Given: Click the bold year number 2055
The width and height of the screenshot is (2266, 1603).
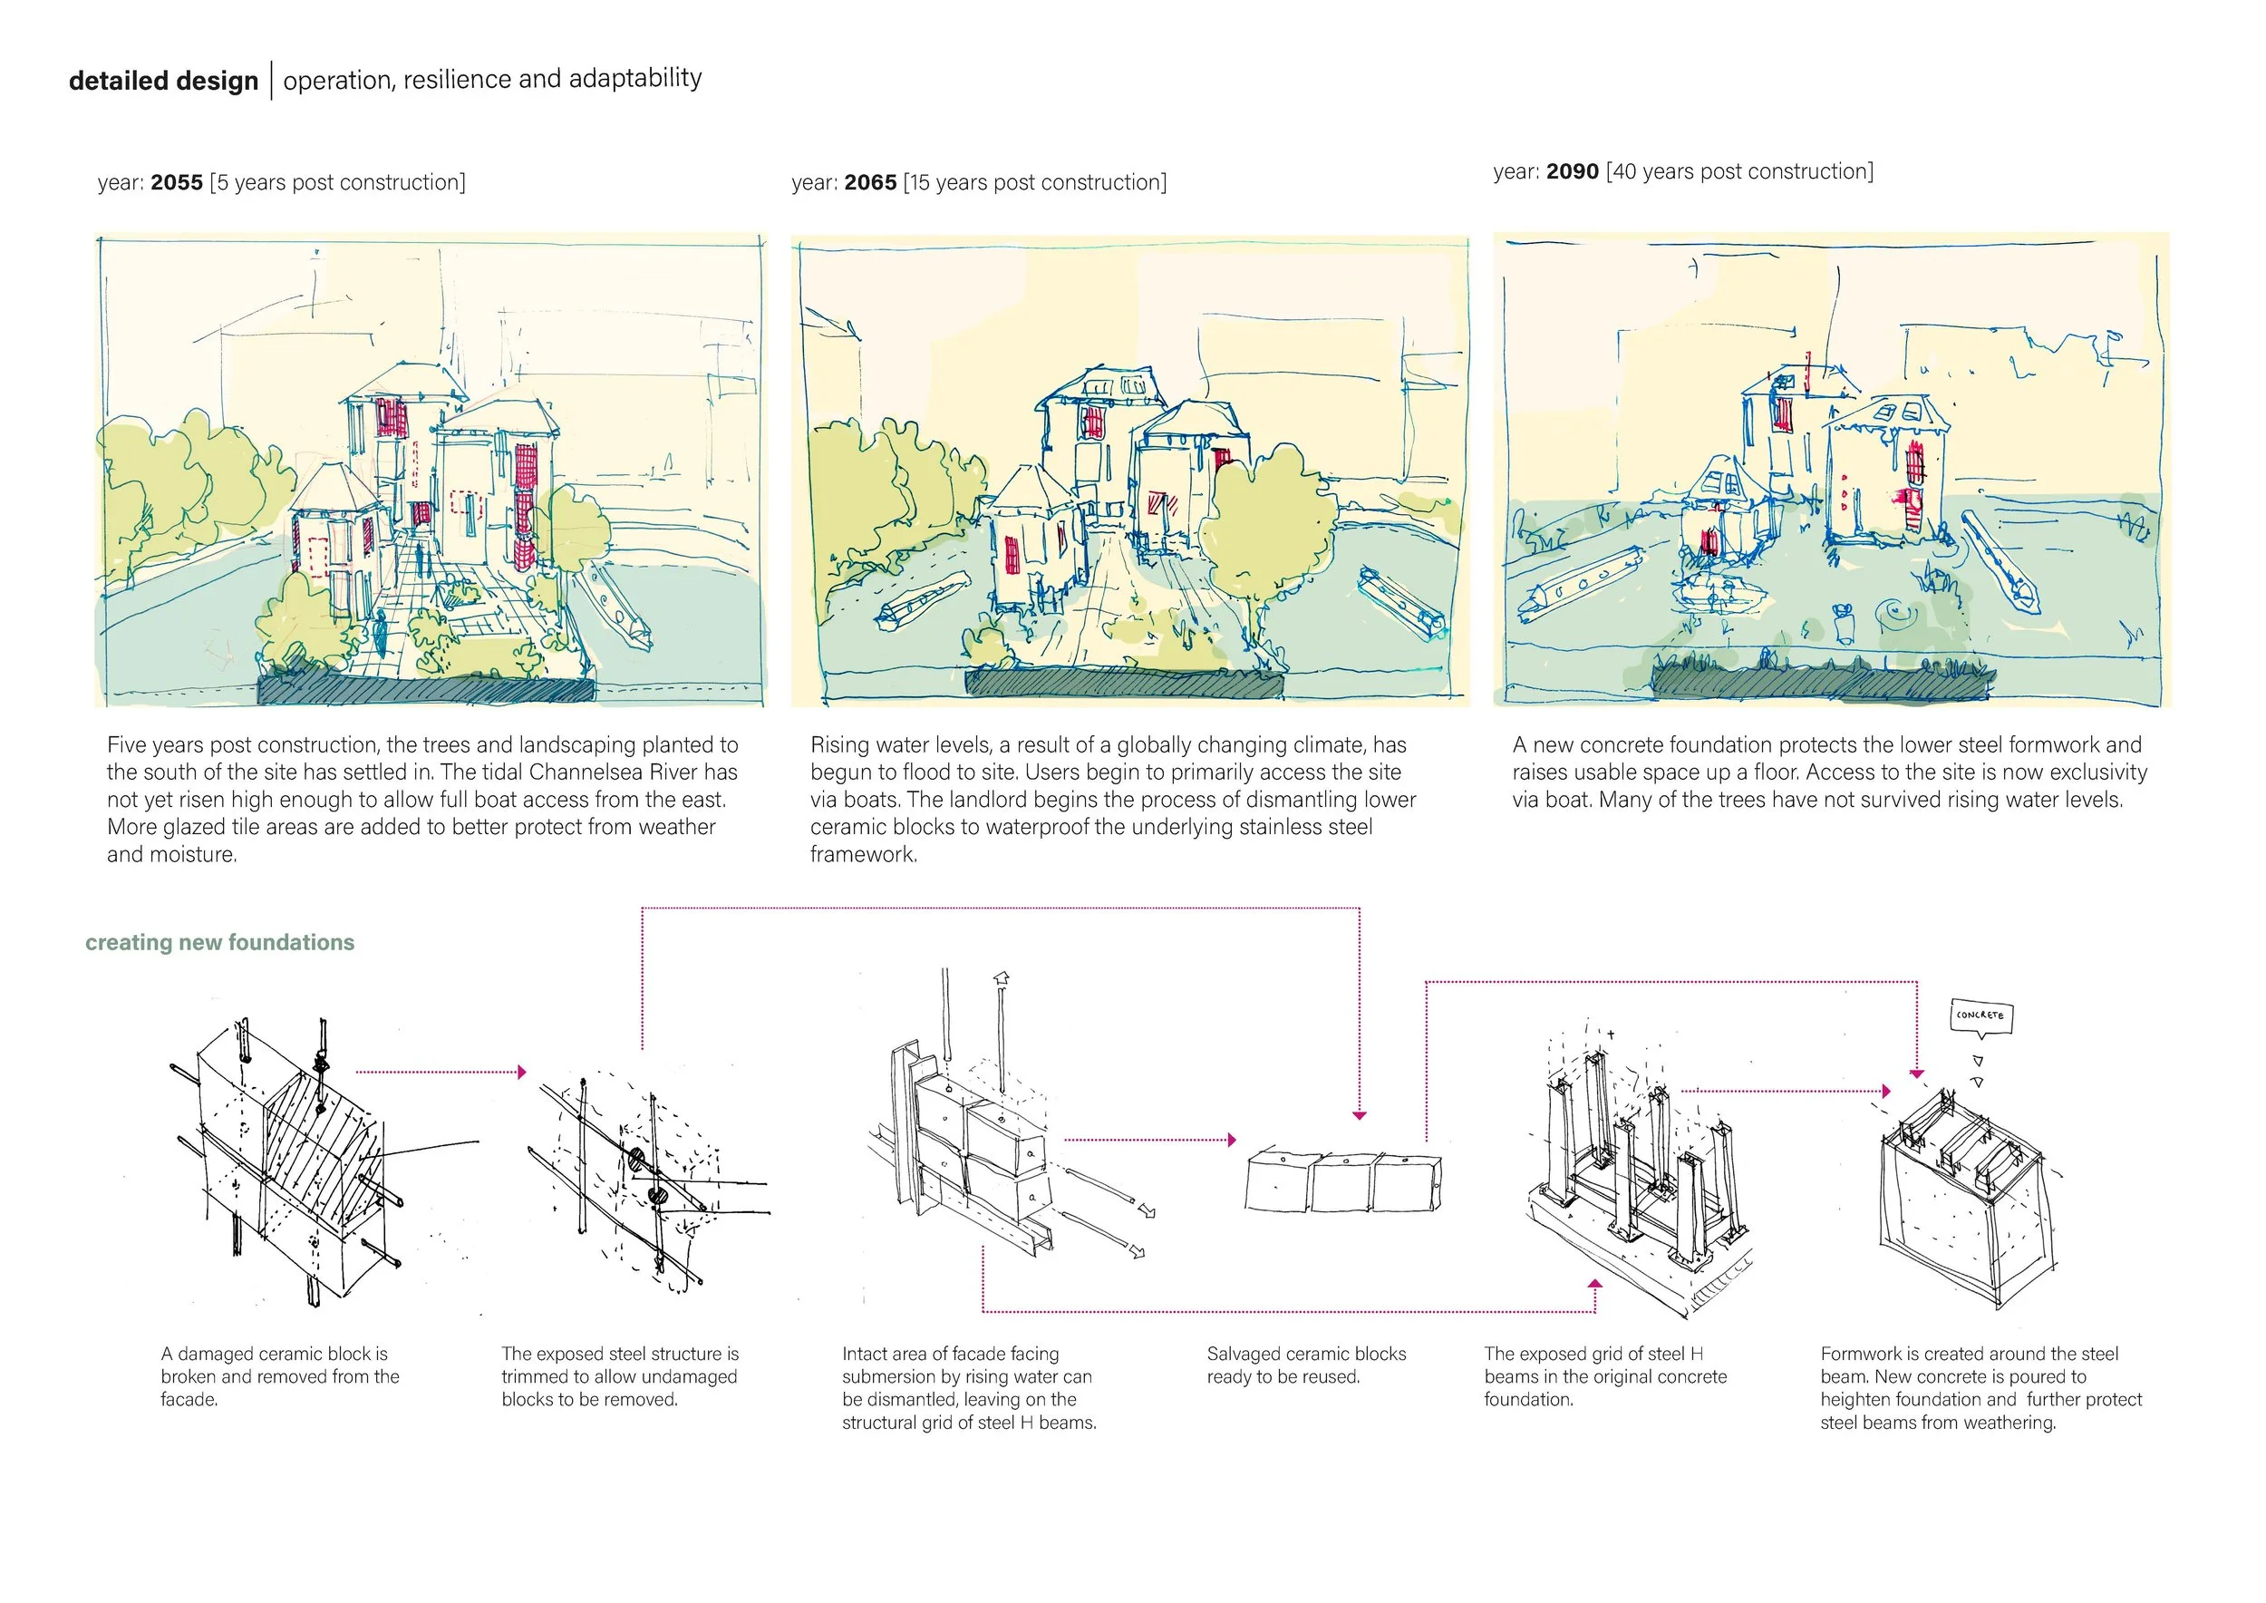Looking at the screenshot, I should tap(177, 182).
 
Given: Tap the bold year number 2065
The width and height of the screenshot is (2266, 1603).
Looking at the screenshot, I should tap(870, 182).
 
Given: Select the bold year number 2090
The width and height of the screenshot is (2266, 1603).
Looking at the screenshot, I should tap(1573, 171).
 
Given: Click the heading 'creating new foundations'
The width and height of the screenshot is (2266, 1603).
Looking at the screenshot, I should tap(219, 943).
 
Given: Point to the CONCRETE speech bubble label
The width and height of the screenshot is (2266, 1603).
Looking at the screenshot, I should tap(1980, 1015).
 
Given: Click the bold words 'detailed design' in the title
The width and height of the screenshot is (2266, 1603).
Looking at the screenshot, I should tap(164, 81).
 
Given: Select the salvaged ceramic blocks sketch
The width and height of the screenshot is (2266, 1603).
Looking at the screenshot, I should tap(1342, 1180).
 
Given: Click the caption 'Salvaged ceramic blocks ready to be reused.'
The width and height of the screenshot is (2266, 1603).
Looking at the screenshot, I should tap(1306, 1365).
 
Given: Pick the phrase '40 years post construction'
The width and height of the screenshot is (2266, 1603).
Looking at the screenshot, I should tap(1741, 171).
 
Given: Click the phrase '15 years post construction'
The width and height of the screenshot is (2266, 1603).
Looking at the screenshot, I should tap(1035, 182).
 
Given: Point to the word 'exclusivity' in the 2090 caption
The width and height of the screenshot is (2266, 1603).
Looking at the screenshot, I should tap(2096, 772).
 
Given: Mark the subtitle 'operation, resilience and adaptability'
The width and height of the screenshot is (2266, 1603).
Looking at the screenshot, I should tap(492, 79).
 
